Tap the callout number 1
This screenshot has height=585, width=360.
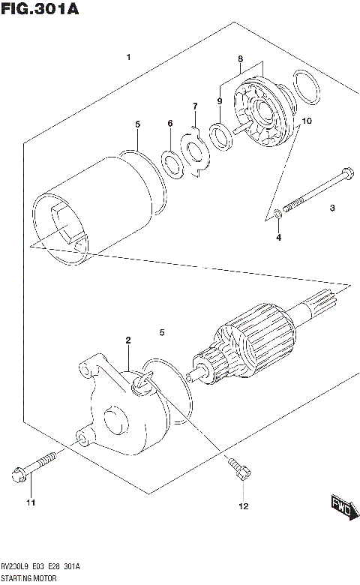coord(129,58)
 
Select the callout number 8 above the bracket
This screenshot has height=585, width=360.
coord(240,58)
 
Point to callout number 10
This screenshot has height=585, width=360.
coord(306,121)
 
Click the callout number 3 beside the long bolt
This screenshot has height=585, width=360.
coord(331,209)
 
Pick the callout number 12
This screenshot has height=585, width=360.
coord(243,507)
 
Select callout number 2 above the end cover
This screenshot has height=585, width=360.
coord(128,340)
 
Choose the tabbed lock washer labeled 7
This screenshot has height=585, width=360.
coord(196,154)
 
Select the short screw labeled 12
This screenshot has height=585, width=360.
coord(238,469)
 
